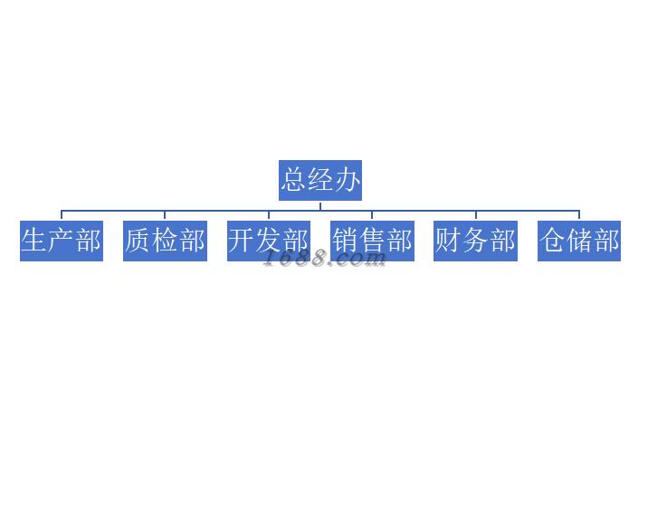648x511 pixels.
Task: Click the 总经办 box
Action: pyautogui.click(x=320, y=181)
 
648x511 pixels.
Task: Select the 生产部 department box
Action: pyautogui.click(x=62, y=241)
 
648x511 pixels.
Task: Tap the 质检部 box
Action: pyautogui.click(x=165, y=241)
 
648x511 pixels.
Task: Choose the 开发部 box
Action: pyautogui.click(x=269, y=241)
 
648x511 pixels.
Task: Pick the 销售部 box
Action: pyautogui.click(x=372, y=241)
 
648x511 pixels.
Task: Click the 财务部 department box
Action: pyautogui.click(x=475, y=241)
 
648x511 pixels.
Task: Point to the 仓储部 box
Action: pyautogui.click(x=579, y=241)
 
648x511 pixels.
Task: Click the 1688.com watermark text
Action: pyautogui.click(x=324, y=259)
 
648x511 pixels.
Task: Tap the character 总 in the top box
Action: pyautogui.click(x=294, y=180)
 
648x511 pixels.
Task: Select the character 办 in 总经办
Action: pyautogui.click(x=347, y=180)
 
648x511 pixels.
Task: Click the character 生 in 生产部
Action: pyautogui.click(x=34, y=240)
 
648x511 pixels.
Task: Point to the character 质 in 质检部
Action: pyautogui.click(x=138, y=240)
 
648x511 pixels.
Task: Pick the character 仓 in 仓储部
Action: pyautogui.click(x=552, y=240)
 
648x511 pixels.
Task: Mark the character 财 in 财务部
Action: pyautogui.click(x=448, y=240)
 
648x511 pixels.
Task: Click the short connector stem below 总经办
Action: pyautogui.click(x=320, y=205)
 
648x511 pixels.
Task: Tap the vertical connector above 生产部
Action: pyautogui.click(x=62, y=215)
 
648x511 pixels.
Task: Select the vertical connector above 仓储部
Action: pyautogui.click(x=579, y=215)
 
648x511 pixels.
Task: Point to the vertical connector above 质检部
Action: pyautogui.click(x=165, y=215)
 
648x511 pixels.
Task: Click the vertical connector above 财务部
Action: pyautogui.click(x=476, y=215)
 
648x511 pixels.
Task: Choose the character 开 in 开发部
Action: pyautogui.click(x=242, y=240)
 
